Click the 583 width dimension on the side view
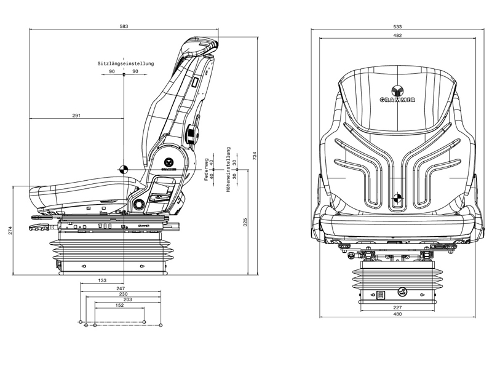pyautogui.click(x=124, y=26)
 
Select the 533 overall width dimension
pyautogui.click(x=397, y=26)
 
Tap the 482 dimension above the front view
pyautogui.click(x=397, y=36)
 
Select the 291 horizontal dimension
pyautogui.click(x=77, y=115)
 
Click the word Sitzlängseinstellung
pyautogui.click(x=125, y=64)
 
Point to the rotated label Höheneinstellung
pyautogui.click(x=228, y=169)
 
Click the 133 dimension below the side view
pyautogui.click(x=102, y=280)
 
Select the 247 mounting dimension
pyautogui.click(x=121, y=288)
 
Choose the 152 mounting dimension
pyautogui.click(x=119, y=305)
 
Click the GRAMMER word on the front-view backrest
pyautogui.click(x=397, y=99)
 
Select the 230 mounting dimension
pyautogui.click(x=123, y=294)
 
